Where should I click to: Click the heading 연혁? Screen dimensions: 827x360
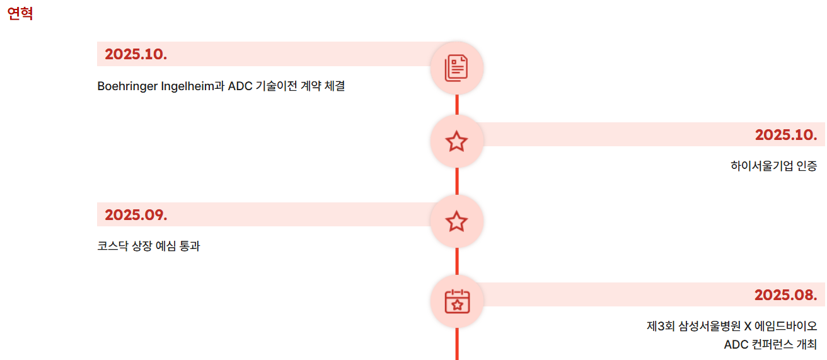pos(20,14)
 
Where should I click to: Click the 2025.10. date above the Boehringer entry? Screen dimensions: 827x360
pos(136,54)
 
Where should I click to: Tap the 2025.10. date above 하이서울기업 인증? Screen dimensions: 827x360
pos(785,134)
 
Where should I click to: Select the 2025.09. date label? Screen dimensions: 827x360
pos(136,215)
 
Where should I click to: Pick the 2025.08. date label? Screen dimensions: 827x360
pos(785,294)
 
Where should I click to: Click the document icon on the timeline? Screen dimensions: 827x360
pos(456,68)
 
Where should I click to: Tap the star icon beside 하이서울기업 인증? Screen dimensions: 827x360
pos(456,142)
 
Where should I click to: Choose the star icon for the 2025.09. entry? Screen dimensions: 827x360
pos(456,221)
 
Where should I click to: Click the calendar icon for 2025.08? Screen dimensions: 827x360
pos(456,301)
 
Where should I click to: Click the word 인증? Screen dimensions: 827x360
pos(807,166)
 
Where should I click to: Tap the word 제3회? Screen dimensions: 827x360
pos(660,326)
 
